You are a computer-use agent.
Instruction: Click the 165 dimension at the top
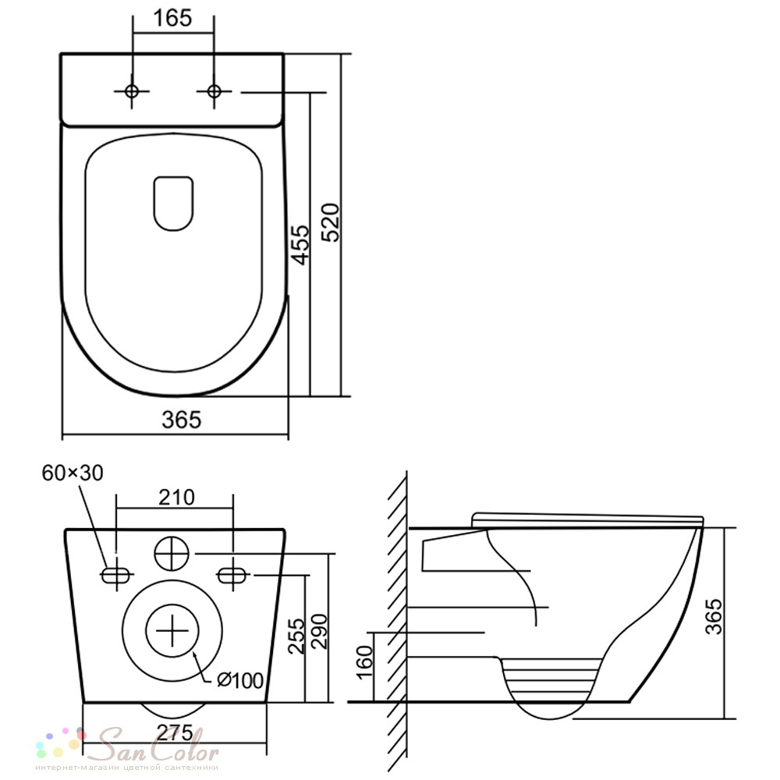click(x=172, y=19)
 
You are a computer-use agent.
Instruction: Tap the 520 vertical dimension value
click(x=330, y=222)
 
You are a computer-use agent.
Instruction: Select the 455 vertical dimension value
click(x=300, y=244)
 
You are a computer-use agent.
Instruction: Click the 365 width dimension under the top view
click(x=182, y=420)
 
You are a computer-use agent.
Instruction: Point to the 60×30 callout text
click(x=73, y=473)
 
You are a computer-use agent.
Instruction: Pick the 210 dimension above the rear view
click(x=176, y=497)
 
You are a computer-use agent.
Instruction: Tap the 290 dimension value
click(x=319, y=631)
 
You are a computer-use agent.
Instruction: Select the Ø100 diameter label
click(x=239, y=680)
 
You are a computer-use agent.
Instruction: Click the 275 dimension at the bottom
click(x=175, y=732)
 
